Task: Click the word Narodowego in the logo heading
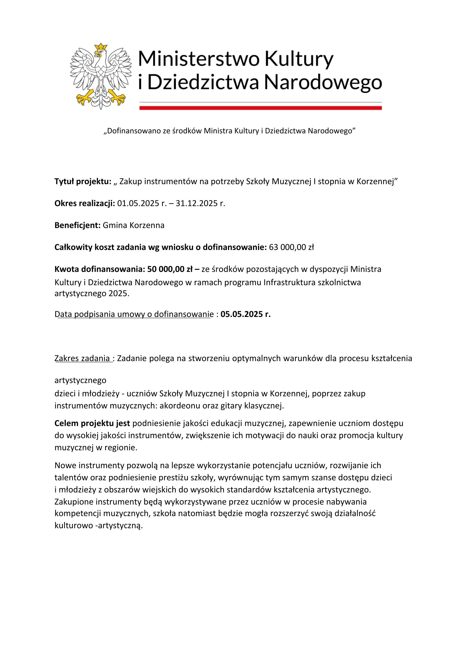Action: tap(323, 83)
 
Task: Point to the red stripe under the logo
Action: tap(260, 108)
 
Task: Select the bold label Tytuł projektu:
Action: tap(83, 182)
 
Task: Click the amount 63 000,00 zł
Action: tap(291, 247)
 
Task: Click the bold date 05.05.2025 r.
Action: tap(245, 314)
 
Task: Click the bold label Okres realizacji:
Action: tap(85, 203)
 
